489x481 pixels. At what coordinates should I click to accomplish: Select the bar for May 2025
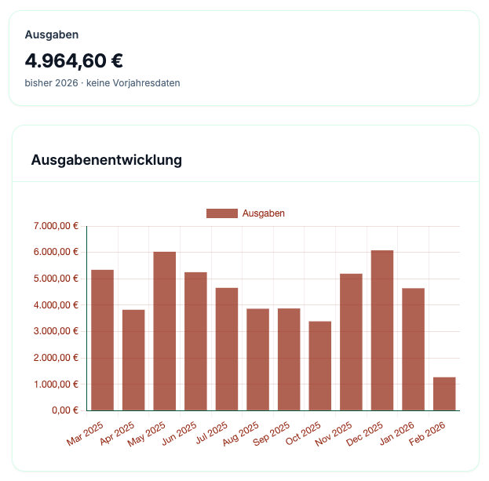click(164, 330)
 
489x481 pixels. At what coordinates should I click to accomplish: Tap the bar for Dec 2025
click(382, 330)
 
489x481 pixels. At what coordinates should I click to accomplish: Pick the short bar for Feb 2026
click(444, 394)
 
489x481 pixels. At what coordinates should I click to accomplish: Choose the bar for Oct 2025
click(320, 366)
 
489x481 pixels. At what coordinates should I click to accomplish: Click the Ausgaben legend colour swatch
click(221, 213)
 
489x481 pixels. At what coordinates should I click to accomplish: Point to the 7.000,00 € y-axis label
click(56, 226)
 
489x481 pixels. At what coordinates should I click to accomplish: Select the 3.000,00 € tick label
click(56, 331)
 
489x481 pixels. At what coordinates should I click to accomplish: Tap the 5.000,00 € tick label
click(56, 279)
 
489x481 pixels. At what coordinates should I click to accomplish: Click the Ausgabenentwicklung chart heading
click(107, 160)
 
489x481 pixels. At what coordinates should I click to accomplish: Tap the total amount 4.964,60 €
click(74, 60)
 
